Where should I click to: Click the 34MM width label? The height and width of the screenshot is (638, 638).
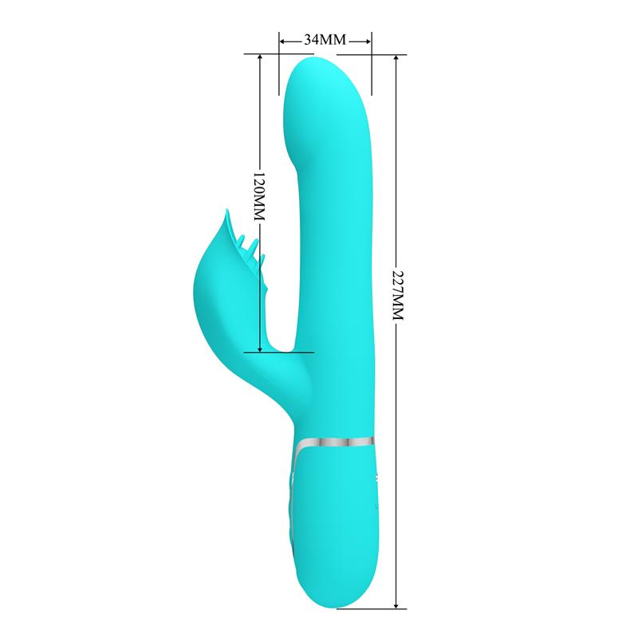pos(325,38)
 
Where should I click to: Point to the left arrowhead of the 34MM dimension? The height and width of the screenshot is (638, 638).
pos(282,38)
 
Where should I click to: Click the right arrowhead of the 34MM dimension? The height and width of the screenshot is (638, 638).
pos(368,38)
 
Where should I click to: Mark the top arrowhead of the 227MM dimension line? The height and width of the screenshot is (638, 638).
pos(396,58)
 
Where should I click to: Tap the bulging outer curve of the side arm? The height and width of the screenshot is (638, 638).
pos(199,287)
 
